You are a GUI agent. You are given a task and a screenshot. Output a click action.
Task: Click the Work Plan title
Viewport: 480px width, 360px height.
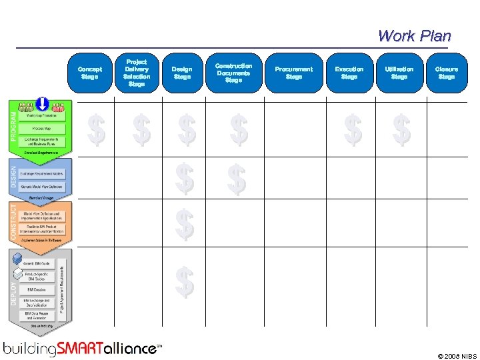pyautogui.click(x=414, y=36)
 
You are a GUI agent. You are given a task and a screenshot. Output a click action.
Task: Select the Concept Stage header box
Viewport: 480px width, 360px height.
pyautogui.click(x=89, y=73)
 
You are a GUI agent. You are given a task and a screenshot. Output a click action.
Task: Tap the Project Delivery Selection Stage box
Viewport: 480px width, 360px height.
pyautogui.click(x=136, y=73)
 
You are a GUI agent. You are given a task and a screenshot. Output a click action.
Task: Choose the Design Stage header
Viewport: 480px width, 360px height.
pyautogui.click(x=181, y=73)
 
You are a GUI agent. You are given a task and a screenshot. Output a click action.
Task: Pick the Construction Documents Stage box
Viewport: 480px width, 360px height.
pyautogui.click(x=233, y=73)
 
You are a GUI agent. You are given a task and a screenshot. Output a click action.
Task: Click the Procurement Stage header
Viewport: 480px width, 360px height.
pyautogui.click(x=293, y=73)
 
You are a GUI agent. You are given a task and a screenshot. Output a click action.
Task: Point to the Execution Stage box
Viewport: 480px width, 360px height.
pyautogui.click(x=349, y=73)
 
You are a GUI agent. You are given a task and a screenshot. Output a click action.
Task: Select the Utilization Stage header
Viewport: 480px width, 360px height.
pyautogui.click(x=399, y=73)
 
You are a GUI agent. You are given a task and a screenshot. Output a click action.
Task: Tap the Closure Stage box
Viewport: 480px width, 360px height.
pyautogui.click(x=446, y=73)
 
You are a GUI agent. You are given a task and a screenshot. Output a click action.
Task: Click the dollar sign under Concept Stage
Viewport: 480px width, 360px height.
pyautogui.click(x=97, y=129)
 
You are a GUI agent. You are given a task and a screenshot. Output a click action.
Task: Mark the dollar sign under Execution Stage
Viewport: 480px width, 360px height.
pyautogui.click(x=353, y=129)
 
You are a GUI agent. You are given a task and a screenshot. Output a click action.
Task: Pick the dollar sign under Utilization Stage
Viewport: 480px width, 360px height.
pyautogui.click(x=401, y=129)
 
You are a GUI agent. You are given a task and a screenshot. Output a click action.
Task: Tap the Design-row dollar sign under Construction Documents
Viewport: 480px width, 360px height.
pyautogui.click(x=237, y=179)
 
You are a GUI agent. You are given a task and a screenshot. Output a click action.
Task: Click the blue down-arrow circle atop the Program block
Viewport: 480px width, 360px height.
pyautogui.click(x=42, y=105)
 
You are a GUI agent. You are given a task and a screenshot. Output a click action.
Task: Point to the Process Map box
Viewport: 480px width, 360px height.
pyautogui.click(x=41, y=128)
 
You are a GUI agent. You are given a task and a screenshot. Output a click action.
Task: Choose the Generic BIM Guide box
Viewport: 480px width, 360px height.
pyautogui.click(x=37, y=264)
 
